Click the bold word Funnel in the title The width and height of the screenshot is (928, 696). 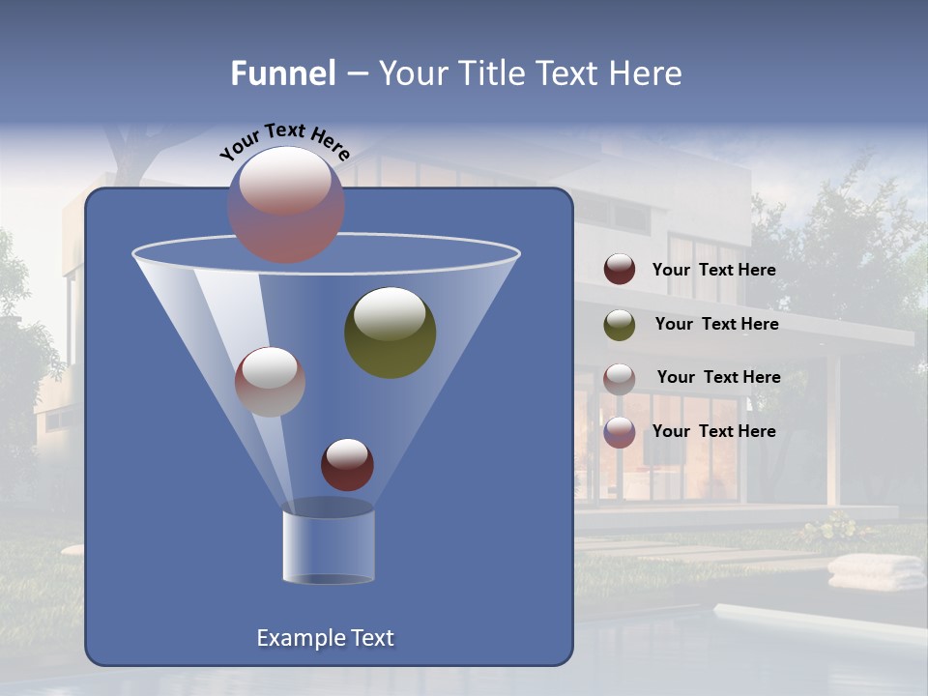283,73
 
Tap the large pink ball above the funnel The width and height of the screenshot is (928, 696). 286,204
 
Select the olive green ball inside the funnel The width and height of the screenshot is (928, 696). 390,332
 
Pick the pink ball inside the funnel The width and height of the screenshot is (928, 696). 270,381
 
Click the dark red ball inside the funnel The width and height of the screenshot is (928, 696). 347,464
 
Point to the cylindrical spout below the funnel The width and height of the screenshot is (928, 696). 329,546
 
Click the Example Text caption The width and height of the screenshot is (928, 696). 325,638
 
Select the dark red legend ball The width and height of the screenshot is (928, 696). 620,270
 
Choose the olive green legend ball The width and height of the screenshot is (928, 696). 620,325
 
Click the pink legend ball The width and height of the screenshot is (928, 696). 620,378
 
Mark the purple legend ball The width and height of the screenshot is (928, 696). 620,432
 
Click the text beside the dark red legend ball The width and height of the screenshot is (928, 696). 713,271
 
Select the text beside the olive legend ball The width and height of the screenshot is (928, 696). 716,325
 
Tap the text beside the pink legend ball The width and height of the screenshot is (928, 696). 718,378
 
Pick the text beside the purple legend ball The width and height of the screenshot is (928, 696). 713,432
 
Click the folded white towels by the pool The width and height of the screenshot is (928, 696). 876,571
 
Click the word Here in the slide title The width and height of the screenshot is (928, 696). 647,73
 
